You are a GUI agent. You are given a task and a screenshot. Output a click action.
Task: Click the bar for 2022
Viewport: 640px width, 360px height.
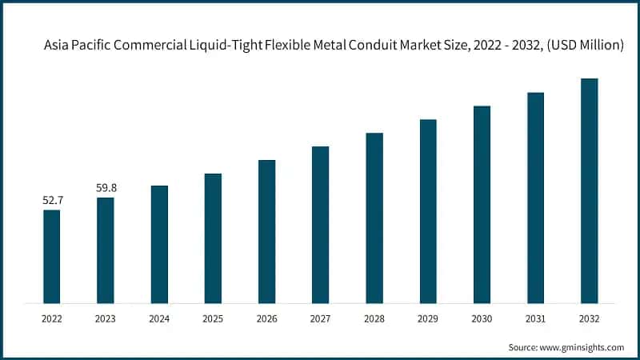(x=51, y=256)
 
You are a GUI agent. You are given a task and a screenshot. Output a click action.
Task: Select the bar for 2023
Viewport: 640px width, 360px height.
(x=106, y=250)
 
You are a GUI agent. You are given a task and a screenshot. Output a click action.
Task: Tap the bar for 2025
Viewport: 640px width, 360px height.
(x=213, y=238)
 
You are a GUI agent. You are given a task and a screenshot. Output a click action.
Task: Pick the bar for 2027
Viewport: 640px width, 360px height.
(x=320, y=225)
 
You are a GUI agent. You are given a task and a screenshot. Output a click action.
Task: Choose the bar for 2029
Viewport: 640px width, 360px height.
(x=428, y=211)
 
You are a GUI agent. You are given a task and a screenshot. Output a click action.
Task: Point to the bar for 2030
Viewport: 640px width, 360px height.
(x=482, y=204)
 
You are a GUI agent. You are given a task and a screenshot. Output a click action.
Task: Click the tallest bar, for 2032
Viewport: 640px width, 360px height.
(x=589, y=190)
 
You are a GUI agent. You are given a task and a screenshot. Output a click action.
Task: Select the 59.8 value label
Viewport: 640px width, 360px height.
(x=106, y=188)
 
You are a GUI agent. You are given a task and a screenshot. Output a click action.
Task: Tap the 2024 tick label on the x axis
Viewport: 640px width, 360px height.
(x=159, y=318)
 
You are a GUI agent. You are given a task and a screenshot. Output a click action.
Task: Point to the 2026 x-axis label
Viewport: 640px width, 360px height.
(x=266, y=318)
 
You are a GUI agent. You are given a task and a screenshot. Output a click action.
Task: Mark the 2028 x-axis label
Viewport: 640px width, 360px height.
(x=374, y=318)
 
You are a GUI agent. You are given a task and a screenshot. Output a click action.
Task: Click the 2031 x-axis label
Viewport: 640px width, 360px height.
(x=535, y=318)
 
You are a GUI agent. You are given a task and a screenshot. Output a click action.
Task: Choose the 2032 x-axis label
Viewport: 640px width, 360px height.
(x=589, y=318)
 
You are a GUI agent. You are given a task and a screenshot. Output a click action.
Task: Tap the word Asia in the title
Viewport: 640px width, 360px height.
(x=56, y=46)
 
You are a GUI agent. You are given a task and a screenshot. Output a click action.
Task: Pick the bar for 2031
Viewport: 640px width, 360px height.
(x=535, y=198)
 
